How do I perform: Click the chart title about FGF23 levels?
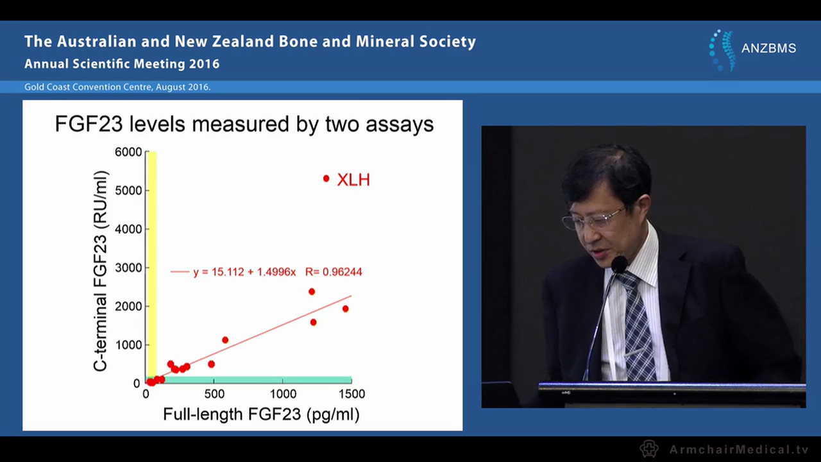point(244,124)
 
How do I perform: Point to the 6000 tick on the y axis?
point(129,152)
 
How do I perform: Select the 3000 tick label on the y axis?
point(129,268)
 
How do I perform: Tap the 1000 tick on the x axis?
point(283,393)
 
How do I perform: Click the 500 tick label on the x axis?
point(215,393)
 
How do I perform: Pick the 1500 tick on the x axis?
point(351,393)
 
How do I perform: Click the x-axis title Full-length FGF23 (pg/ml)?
point(261,415)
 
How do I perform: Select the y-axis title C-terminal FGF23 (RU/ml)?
point(101,271)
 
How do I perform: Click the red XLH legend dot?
point(326,178)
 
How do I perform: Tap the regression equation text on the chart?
point(277,272)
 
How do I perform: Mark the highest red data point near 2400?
point(312,291)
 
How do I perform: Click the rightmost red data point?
point(345,309)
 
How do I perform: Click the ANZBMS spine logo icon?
point(722,49)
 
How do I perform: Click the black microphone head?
point(619,264)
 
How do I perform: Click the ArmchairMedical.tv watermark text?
point(739,449)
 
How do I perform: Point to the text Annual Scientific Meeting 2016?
point(122,64)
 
